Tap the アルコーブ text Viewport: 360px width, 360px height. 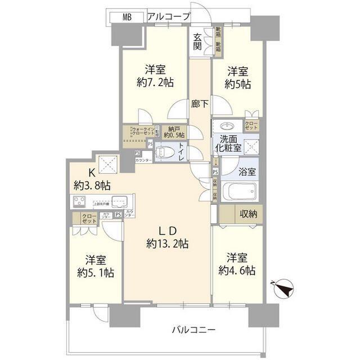click(x=168, y=17)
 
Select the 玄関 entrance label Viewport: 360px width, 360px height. click(x=197, y=42)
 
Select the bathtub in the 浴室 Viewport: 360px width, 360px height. click(x=238, y=192)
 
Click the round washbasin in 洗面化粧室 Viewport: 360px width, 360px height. click(x=228, y=126)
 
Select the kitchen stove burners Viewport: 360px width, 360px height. click(x=79, y=201)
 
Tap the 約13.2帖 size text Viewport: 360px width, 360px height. click(x=167, y=244)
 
